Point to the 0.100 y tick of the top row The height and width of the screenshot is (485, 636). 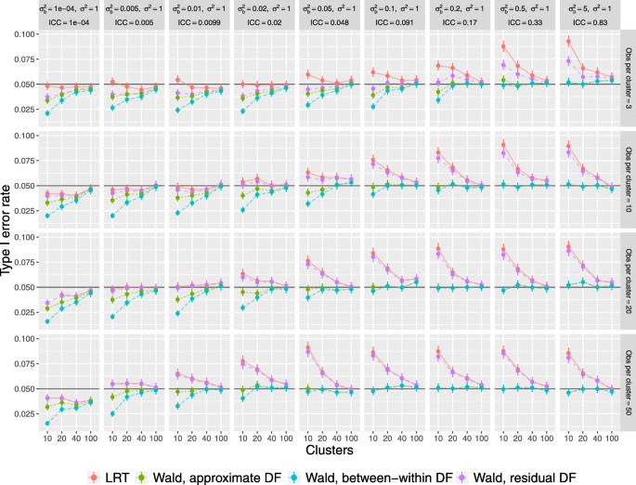25,34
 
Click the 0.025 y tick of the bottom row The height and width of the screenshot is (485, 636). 25,414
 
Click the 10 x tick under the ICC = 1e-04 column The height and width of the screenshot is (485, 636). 46,439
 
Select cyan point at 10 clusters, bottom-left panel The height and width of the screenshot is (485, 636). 46,423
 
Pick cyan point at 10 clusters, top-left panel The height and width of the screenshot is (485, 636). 46,112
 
